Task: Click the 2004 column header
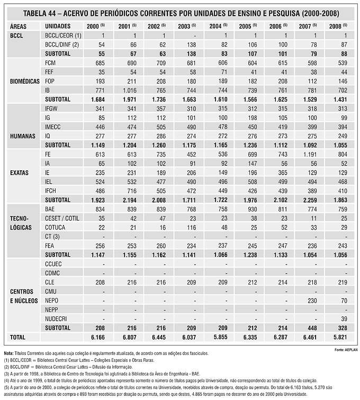tap(218, 26)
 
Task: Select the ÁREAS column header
tap(18, 26)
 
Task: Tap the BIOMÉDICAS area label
tap(25, 81)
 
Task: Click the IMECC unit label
tap(52, 127)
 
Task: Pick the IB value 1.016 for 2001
tap(130, 90)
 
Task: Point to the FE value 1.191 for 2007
tap(310, 154)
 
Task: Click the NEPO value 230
tap(312, 301)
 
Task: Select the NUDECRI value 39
tap(344, 319)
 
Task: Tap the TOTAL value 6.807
tap(130, 337)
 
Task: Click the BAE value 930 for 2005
tap(252, 209)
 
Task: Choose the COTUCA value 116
tap(191, 228)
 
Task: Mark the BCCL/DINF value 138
tap(191, 44)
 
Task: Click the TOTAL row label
tap(17, 337)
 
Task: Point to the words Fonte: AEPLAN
tap(346, 350)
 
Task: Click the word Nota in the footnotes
tap(8, 353)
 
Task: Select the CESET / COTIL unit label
tap(62, 219)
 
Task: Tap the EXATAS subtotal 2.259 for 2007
tap(310, 200)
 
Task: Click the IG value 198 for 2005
tap(252, 118)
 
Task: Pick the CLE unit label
tap(50, 282)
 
